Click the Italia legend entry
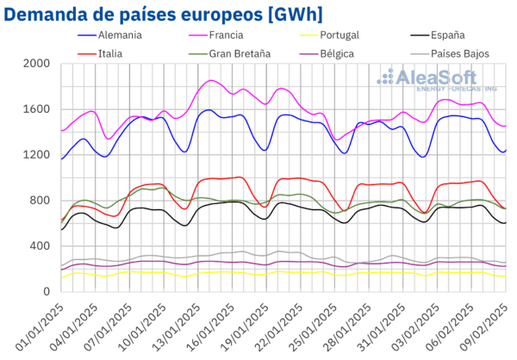(113, 53)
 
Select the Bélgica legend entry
(336, 53)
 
